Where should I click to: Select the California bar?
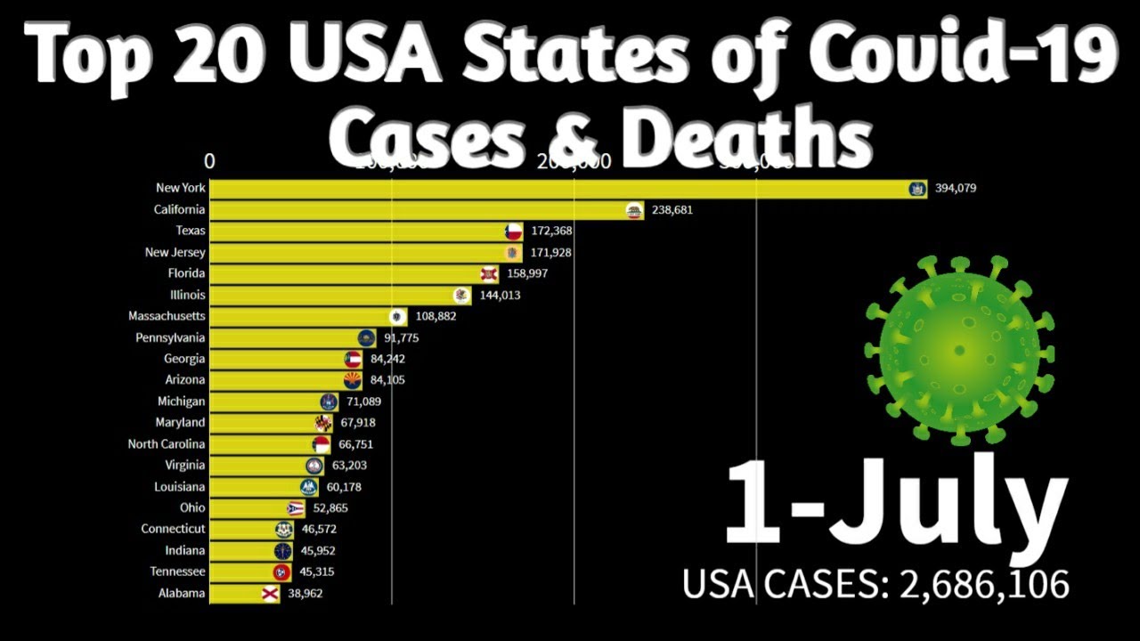click(x=419, y=210)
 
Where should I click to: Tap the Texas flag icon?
click(x=513, y=231)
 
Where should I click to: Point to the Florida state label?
click(x=186, y=273)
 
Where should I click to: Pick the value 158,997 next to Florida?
click(x=526, y=273)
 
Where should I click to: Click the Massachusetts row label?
click(x=167, y=316)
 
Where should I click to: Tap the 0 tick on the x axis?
click(x=209, y=161)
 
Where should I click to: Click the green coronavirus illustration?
click(x=959, y=349)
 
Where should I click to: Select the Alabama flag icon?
click(x=270, y=594)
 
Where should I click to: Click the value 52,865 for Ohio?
click(x=325, y=508)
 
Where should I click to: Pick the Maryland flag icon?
click(x=323, y=423)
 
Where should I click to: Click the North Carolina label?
click(x=166, y=444)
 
